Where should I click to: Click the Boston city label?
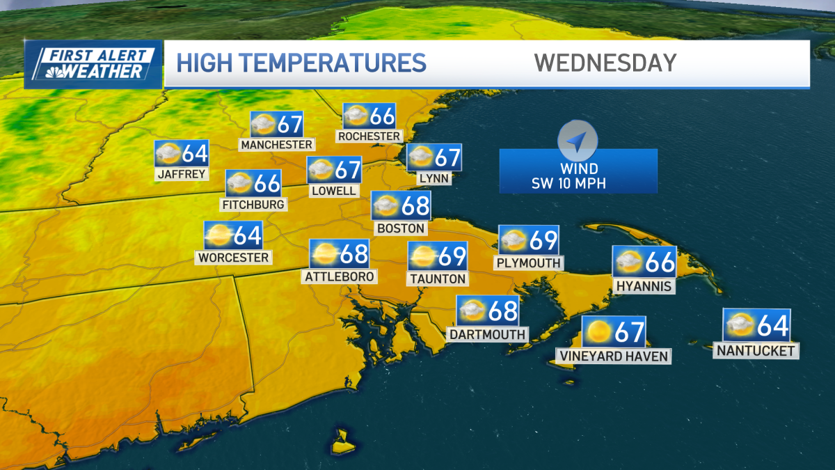tap(400, 228)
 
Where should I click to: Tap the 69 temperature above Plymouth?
tap(543, 240)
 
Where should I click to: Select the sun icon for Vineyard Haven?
tap(597, 331)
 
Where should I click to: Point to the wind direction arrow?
tap(577, 142)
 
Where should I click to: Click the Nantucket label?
tap(756, 351)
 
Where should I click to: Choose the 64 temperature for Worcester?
tap(247, 235)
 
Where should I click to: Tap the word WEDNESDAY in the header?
tap(605, 63)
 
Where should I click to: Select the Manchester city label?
tap(276, 144)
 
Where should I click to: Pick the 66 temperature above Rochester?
tap(382, 116)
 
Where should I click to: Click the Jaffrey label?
tap(182, 173)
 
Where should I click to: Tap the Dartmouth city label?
tap(487, 334)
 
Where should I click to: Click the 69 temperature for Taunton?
tap(452, 256)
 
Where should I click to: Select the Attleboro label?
tap(340, 276)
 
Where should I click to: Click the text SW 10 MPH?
tap(578, 184)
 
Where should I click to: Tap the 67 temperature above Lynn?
tap(447, 157)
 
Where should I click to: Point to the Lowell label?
tap(334, 190)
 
